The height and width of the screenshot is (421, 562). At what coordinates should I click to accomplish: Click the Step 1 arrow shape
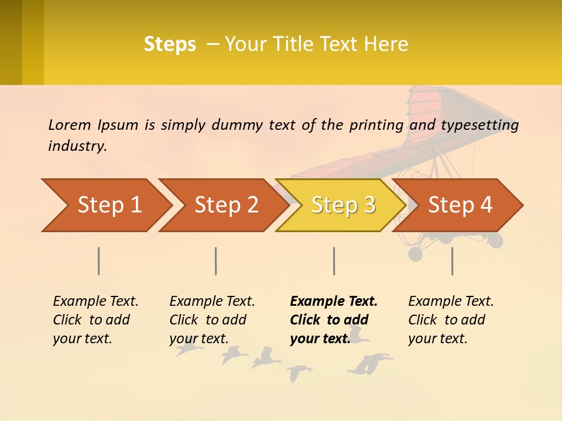coord(108,205)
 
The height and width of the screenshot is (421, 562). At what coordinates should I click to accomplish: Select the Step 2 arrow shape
coord(225,205)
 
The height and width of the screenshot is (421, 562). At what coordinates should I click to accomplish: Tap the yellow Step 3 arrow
coord(342,205)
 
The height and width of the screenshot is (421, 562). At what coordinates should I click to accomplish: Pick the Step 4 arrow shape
coord(460,205)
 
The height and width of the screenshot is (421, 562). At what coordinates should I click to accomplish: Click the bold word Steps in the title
coord(170,44)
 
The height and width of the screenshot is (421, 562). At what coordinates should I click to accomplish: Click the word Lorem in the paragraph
coord(70,125)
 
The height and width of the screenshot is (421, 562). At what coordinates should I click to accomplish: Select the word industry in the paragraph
coord(77,146)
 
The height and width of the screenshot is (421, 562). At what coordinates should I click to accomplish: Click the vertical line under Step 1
coord(99,261)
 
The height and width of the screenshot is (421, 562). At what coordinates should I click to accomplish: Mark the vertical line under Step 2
coord(216,261)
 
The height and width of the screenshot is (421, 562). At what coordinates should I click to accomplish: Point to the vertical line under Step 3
coord(334,261)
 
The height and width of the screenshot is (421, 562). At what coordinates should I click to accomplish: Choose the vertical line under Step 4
coord(452,261)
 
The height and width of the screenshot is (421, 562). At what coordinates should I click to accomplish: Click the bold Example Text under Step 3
coord(334,301)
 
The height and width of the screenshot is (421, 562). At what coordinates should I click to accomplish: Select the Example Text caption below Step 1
coord(95,301)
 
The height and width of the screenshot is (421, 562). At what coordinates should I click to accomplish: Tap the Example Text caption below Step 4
coord(451,301)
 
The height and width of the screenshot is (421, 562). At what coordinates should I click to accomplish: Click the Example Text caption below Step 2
coord(212,301)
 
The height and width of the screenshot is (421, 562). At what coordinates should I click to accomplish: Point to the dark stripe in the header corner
coord(11,42)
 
